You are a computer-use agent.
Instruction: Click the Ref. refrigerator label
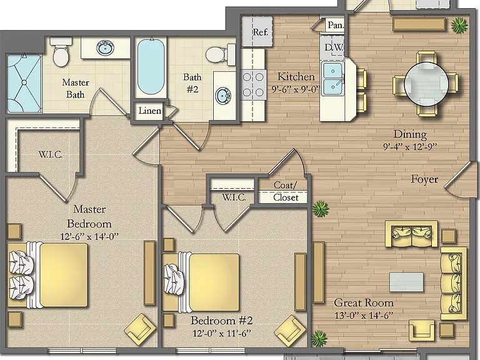tap(261, 32)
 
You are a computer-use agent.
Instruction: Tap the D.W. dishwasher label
tap(333, 47)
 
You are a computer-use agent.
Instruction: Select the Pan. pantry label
tap(336, 25)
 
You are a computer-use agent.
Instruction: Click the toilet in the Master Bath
tap(61, 52)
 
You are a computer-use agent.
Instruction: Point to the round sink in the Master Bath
tap(106, 47)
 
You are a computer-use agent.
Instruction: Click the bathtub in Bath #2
tap(151, 66)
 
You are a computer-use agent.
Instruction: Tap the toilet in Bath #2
tap(220, 54)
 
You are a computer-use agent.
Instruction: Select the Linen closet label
tap(150, 111)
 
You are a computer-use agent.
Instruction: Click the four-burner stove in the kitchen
tap(253, 84)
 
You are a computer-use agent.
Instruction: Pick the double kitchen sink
tap(332, 79)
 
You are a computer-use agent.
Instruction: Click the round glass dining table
tap(426, 84)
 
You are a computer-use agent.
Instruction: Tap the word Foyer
tap(424, 179)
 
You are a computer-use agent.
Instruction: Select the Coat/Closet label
tap(286, 191)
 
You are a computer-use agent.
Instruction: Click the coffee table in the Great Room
tap(406, 282)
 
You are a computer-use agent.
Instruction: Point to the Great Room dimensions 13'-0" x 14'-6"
tap(364, 316)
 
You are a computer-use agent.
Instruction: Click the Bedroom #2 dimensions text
tap(222, 333)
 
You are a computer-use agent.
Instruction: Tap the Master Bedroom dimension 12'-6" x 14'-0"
tap(89, 236)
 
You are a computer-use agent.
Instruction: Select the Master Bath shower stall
tap(24, 83)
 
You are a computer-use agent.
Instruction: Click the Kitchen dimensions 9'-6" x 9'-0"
tap(296, 89)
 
